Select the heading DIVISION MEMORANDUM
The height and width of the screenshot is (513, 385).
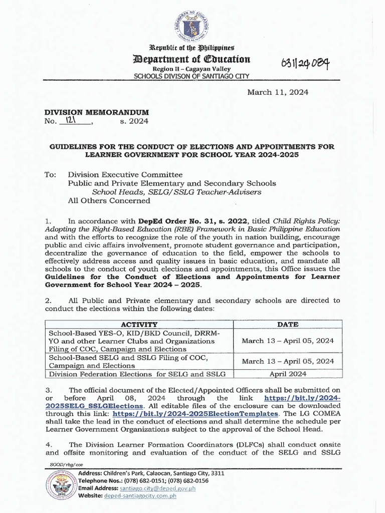tap(97, 113)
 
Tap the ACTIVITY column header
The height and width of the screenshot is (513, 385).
tap(138, 324)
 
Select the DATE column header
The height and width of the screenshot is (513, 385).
tap(287, 324)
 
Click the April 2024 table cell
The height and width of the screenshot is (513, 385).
tap(287, 373)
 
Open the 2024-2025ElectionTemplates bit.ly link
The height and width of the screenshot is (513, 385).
tap(195, 414)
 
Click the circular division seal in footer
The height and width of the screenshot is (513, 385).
tap(62, 485)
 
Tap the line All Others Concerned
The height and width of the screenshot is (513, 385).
tap(109, 200)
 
